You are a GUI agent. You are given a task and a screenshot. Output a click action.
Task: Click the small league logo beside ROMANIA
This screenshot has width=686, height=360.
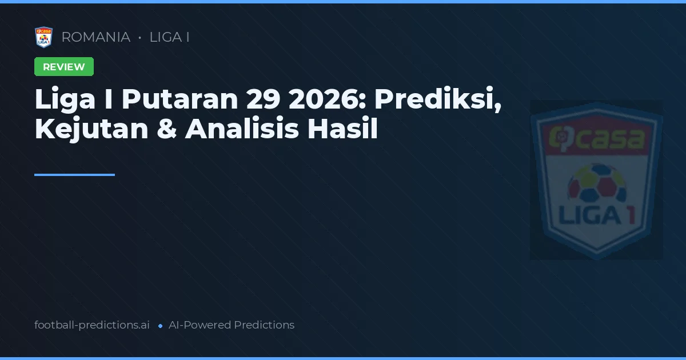(x=43, y=37)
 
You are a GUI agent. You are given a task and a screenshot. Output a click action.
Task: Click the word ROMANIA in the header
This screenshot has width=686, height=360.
(x=95, y=37)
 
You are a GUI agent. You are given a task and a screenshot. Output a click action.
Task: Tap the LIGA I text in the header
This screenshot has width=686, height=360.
(x=169, y=37)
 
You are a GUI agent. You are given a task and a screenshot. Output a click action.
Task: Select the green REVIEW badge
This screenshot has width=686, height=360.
(x=64, y=67)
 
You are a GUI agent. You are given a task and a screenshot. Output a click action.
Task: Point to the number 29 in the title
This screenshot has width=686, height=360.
(x=263, y=99)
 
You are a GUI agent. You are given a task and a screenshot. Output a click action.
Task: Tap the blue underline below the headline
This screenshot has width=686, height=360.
(x=74, y=175)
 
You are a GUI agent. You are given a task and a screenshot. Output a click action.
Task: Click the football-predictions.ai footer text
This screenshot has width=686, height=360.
(x=92, y=325)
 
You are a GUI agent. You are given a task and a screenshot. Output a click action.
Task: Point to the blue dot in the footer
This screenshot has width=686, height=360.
(x=160, y=326)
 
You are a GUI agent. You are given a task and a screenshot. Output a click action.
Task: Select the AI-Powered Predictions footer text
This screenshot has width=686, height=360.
(x=232, y=325)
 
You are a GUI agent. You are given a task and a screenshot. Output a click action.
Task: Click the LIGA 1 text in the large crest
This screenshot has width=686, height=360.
(x=596, y=215)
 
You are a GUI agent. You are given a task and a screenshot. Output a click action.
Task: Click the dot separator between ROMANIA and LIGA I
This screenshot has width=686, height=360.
(x=139, y=38)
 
